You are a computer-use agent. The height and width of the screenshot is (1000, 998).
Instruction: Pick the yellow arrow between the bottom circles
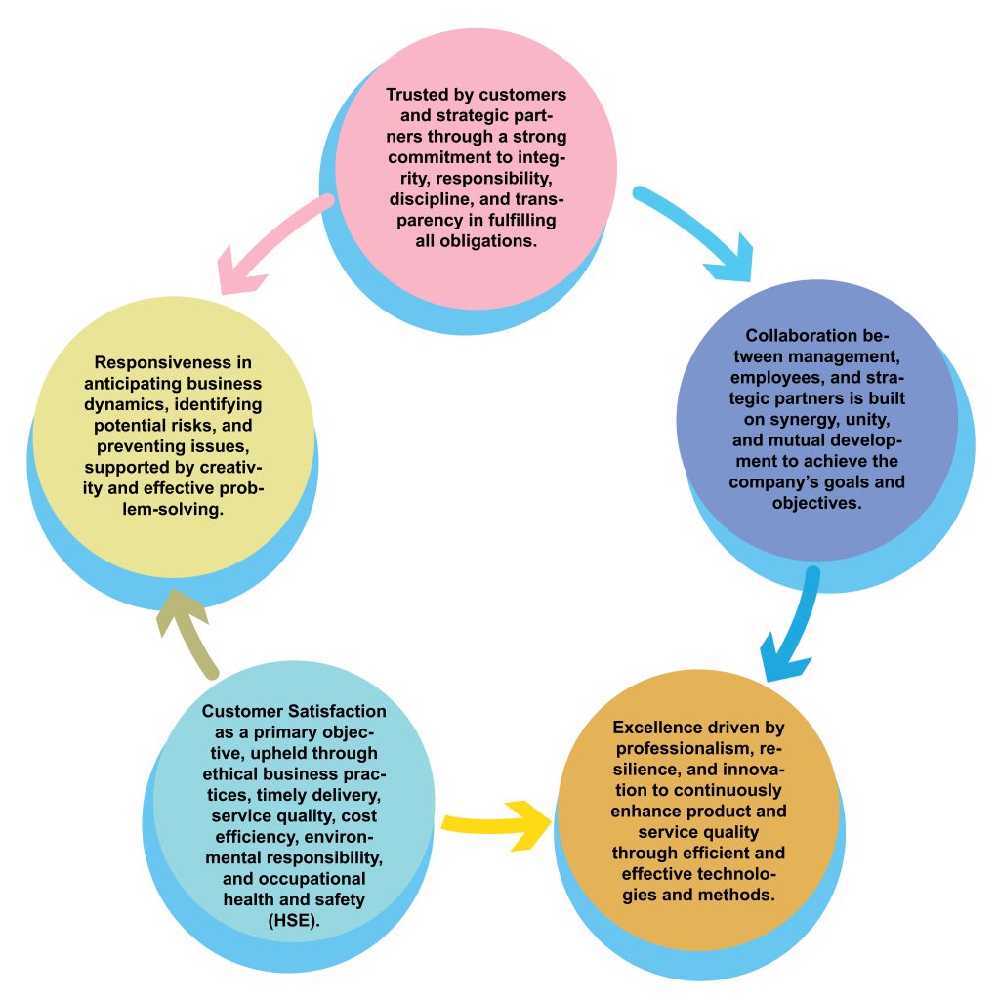click(x=498, y=820)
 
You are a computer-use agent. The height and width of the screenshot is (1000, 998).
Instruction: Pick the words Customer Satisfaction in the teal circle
click(x=294, y=711)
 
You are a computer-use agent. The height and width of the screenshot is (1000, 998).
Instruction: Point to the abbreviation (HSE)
click(x=294, y=920)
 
